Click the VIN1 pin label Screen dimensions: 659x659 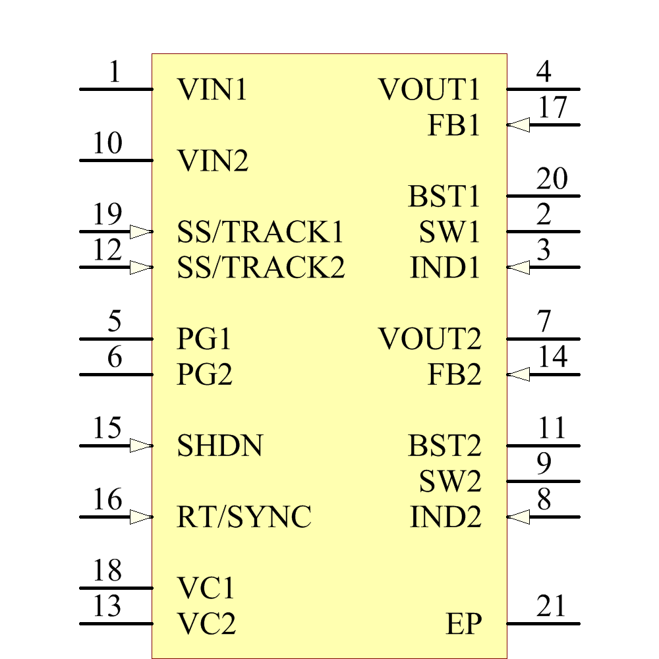212,90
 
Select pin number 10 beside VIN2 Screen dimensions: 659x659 107,143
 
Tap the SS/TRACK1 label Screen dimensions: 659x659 260,232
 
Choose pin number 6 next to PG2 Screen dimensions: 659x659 115,357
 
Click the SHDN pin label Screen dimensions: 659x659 220,446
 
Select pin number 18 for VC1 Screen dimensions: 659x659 107,571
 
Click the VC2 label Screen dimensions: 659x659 206,623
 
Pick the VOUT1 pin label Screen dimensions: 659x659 430,90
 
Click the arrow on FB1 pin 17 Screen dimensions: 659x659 519,125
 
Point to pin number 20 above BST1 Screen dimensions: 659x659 552,179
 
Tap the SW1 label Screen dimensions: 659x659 449,232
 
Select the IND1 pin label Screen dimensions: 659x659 445,268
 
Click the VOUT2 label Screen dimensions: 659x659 430,339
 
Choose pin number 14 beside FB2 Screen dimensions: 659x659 552,357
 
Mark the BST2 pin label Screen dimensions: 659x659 445,446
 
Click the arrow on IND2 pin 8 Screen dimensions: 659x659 519,517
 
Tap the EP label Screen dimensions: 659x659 463,623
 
